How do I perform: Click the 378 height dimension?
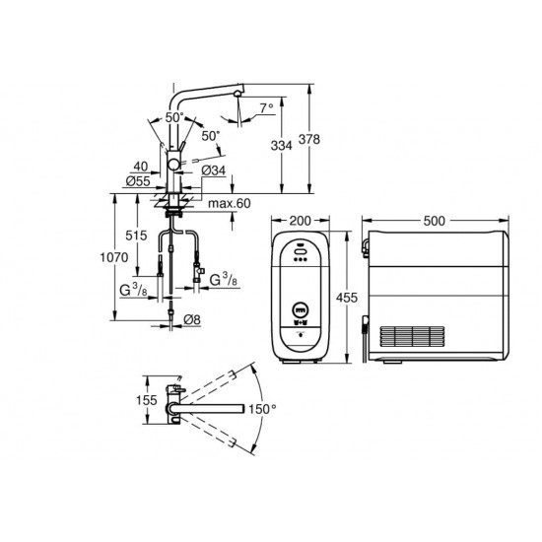[x=309, y=139]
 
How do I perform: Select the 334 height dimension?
[x=281, y=146]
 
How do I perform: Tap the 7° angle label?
[x=266, y=108]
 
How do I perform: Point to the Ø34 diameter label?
[x=213, y=170]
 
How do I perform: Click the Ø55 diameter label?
[x=138, y=180]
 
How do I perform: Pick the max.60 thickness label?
[x=230, y=203]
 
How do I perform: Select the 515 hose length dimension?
[x=136, y=236]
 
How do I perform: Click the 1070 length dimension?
[x=114, y=257]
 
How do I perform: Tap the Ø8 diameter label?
[x=192, y=319]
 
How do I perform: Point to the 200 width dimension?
[x=300, y=220]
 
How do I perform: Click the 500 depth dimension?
[x=435, y=220]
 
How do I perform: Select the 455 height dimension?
[x=347, y=297]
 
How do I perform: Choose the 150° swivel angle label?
[x=262, y=409]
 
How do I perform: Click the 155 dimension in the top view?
[x=146, y=400]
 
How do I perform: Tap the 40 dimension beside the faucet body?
[x=141, y=167]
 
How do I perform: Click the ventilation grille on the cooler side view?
[x=412, y=336]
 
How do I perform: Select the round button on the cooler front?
[x=300, y=309]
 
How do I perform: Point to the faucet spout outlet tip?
[x=237, y=94]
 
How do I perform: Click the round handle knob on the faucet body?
[x=173, y=165]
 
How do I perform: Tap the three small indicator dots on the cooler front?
[x=300, y=259]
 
